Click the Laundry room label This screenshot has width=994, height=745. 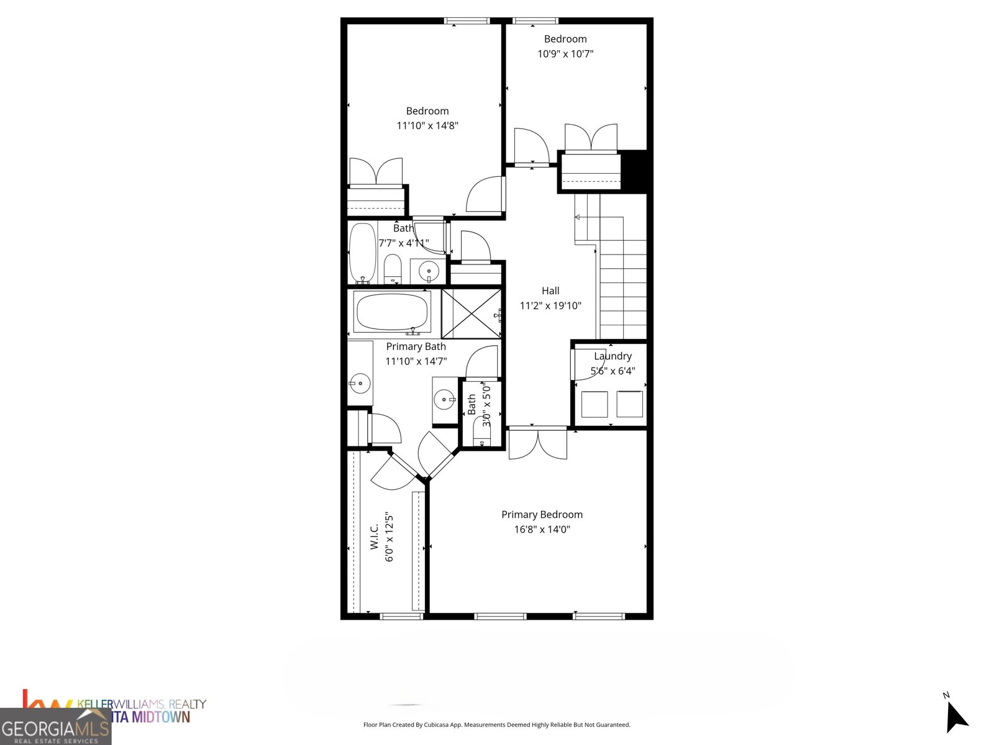tap(613, 356)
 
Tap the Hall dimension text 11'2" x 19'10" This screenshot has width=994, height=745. tap(550, 305)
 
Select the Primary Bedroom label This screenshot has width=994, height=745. tap(542, 515)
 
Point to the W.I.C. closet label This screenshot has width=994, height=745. tap(374, 537)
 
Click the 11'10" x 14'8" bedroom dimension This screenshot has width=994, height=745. tap(427, 125)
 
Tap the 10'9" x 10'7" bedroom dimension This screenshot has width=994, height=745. tap(565, 54)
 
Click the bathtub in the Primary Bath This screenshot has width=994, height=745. tap(392, 312)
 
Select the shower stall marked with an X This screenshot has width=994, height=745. tap(472, 313)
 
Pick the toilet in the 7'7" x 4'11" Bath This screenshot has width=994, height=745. tap(393, 268)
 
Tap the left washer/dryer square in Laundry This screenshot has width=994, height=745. tap(594, 404)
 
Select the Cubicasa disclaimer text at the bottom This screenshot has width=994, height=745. tap(496, 725)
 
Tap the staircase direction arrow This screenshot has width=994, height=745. tap(578, 217)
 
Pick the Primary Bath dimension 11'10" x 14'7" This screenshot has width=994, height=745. tap(416, 361)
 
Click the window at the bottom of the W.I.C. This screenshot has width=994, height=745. tap(401, 616)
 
